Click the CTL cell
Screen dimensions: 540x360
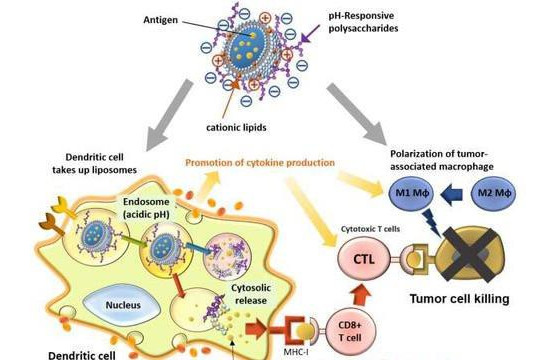(x=364, y=259)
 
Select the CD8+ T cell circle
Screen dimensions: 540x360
(x=350, y=331)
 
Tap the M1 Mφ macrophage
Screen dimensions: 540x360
(x=411, y=193)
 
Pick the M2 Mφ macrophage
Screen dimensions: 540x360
(x=494, y=193)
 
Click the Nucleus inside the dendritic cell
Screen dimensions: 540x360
(x=123, y=305)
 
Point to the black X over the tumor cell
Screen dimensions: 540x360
(x=470, y=254)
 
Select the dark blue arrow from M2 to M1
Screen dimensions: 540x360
(x=451, y=194)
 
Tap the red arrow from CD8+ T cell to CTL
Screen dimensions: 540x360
(x=361, y=295)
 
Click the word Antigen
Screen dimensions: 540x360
(x=160, y=20)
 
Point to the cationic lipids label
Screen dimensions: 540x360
(x=236, y=127)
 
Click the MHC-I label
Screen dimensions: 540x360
(x=296, y=352)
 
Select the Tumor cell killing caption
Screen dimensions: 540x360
(x=459, y=299)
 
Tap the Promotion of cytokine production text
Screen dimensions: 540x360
(x=260, y=163)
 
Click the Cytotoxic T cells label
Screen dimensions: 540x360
(x=370, y=229)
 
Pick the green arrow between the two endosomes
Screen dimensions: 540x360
(x=134, y=240)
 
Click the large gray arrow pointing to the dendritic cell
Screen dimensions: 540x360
(x=168, y=115)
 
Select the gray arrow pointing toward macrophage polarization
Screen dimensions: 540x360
(x=358, y=114)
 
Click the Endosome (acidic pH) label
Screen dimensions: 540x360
(x=146, y=208)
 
